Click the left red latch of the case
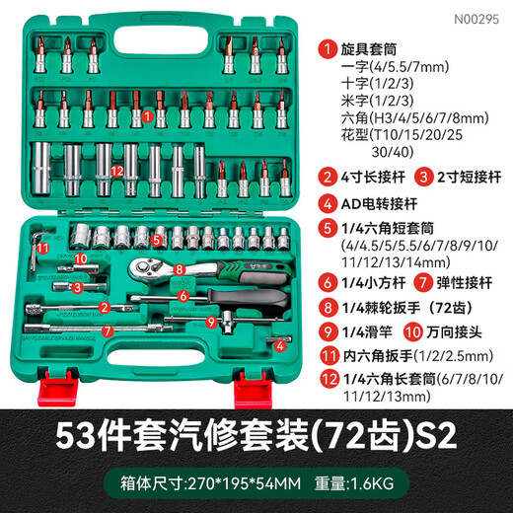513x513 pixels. coord(56,381)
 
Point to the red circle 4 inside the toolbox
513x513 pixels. coord(280,345)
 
